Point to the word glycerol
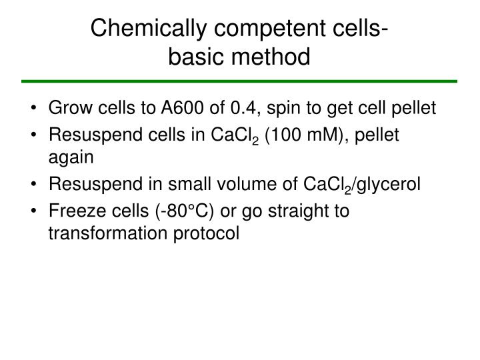391,185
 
